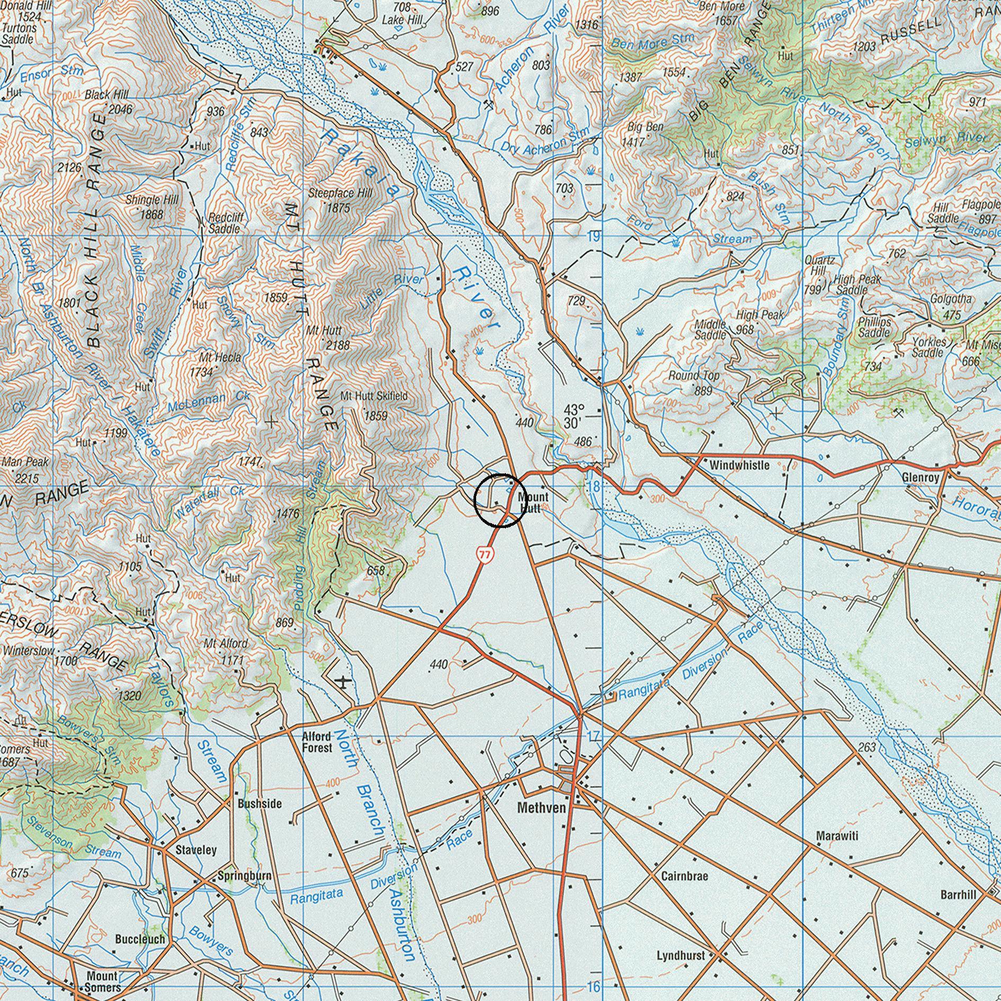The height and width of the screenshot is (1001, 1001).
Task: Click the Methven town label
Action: (x=541, y=808)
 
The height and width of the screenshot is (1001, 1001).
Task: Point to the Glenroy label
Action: (x=920, y=477)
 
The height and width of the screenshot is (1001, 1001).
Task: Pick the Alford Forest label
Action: (x=317, y=742)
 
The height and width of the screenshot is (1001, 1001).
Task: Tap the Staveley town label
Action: (x=196, y=850)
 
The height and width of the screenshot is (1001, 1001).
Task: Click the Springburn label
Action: (x=245, y=876)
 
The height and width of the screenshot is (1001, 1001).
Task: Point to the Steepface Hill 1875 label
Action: (x=340, y=200)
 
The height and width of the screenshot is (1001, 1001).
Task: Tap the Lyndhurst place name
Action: (x=681, y=955)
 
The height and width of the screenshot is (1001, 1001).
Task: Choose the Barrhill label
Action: (x=958, y=895)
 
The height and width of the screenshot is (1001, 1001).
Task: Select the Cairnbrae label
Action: (x=684, y=876)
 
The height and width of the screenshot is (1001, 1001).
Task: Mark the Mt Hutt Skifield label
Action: (x=374, y=396)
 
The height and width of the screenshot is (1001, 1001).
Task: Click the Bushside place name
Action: (x=260, y=803)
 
